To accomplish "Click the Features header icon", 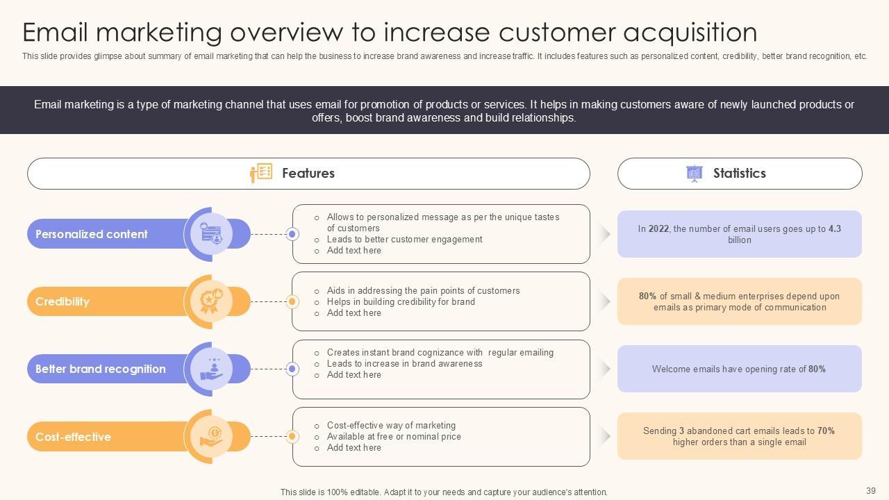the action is pos(261,173).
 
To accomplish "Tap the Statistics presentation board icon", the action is pos(694,173).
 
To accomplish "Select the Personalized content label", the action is pos(92,234).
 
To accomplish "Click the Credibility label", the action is pos(63,301).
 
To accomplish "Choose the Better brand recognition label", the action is pos(101,369).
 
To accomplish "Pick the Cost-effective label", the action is pos(73,437).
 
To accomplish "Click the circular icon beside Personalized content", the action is pos(211,234).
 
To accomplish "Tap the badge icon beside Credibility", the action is pos(211,301).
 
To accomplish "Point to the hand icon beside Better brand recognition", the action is pos(211,369).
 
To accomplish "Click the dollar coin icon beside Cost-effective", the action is pos(211,437).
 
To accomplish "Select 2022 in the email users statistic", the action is pos(659,228).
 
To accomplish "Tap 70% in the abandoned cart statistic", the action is pos(826,431).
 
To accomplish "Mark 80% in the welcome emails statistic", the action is pos(817,369).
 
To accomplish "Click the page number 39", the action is pos(871,490).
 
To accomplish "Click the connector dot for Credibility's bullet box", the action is pos(292,301).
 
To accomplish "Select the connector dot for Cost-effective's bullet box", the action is pos(292,437).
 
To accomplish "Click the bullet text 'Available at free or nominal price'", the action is pos(394,436).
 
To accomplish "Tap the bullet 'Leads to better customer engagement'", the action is pos(404,239).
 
